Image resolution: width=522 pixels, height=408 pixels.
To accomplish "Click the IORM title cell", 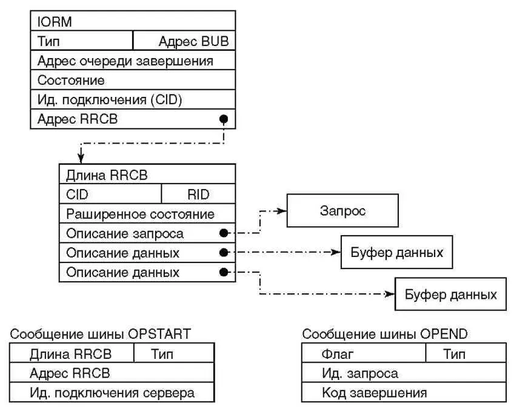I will click(x=132, y=22).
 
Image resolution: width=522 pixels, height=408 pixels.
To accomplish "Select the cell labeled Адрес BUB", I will click(x=184, y=41).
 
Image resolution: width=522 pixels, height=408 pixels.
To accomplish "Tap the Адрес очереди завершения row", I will click(x=132, y=61).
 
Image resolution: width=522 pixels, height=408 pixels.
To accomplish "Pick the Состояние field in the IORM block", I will click(x=132, y=80).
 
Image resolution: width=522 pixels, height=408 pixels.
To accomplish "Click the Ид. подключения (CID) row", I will click(x=132, y=99).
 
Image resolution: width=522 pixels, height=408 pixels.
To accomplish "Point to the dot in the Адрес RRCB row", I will click(x=224, y=119).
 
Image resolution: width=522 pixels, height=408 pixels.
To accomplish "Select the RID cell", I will click(x=198, y=194).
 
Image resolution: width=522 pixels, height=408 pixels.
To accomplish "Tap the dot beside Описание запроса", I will click(x=224, y=233).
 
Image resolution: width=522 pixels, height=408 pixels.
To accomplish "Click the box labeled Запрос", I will click(x=342, y=211).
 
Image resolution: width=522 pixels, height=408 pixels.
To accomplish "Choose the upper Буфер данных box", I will click(x=397, y=252).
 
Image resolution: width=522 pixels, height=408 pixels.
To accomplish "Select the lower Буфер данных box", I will click(x=450, y=295).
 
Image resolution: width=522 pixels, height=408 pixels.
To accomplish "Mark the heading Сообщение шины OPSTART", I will click(x=101, y=333).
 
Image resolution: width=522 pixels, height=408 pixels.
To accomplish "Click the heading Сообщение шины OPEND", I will click(x=385, y=333).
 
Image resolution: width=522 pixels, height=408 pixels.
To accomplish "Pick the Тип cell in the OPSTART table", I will click(x=161, y=354).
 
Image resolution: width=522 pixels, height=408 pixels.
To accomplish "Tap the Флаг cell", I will click(x=364, y=354).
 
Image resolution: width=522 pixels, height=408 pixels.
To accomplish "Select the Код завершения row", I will click(x=404, y=392).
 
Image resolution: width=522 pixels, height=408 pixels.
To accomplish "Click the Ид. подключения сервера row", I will click(x=112, y=392).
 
